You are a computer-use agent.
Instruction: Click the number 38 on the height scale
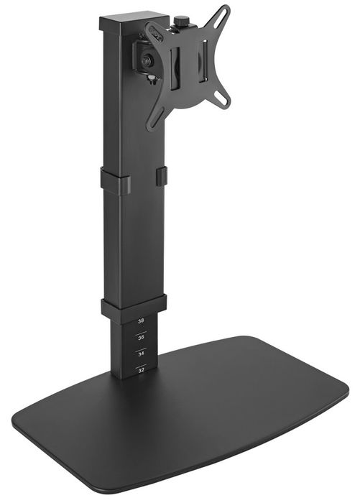pyautogui.click(x=141, y=320)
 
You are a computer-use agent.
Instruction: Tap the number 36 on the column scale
pyautogui.click(x=141, y=338)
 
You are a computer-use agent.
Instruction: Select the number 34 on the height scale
pyautogui.click(x=141, y=354)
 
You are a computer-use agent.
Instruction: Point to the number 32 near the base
pyautogui.click(x=141, y=370)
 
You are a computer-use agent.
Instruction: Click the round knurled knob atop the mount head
pyautogui.click(x=180, y=21)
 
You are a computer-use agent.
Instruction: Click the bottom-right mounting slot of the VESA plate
pyautogui.click(x=221, y=96)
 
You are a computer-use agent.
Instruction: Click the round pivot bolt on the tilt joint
pyautogui.click(x=147, y=60)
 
